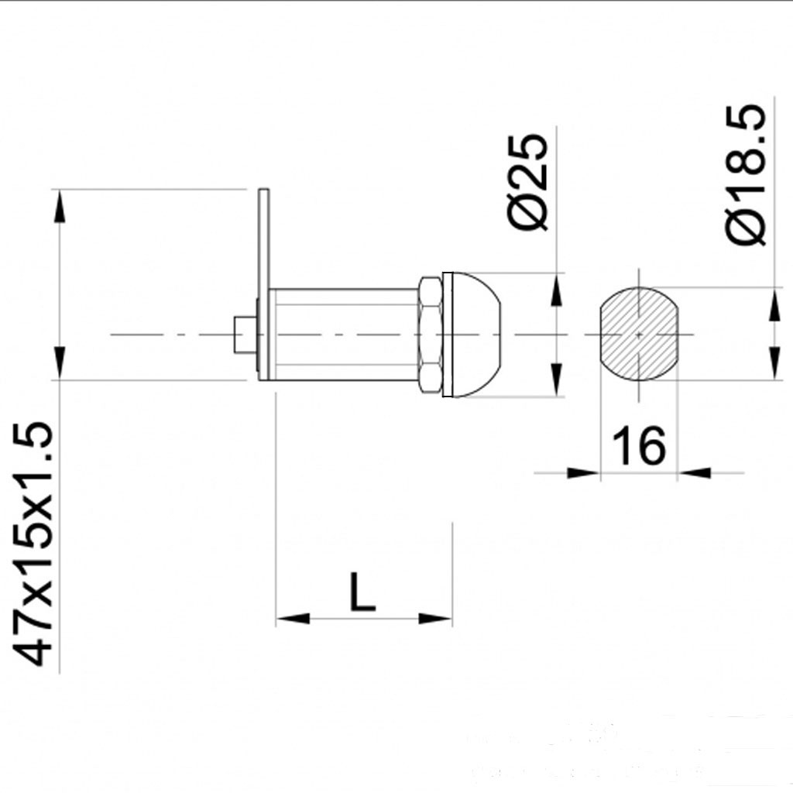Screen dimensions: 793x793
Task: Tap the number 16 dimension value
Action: tap(639, 445)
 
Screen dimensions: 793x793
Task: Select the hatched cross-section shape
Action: tap(638, 335)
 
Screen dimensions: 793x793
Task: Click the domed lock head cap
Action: tap(474, 335)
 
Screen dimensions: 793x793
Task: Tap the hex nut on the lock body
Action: tap(431, 335)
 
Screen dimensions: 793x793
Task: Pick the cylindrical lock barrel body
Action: tap(345, 335)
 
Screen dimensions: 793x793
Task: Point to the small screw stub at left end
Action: tap(244, 335)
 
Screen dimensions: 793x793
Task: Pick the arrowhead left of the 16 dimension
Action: tap(583, 472)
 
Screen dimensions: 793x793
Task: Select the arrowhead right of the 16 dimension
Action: tap(695, 472)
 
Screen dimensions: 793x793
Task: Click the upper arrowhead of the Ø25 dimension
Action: tap(556, 290)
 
